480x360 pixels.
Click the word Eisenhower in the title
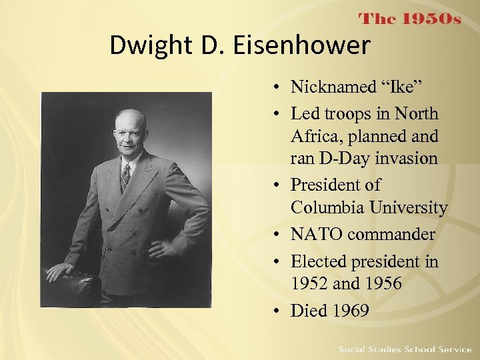[313, 46]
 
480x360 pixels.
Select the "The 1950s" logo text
[410, 19]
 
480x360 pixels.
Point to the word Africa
[312, 137]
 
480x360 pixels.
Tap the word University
[409, 208]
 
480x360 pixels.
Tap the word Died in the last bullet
[307, 311]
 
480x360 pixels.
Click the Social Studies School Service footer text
[405, 349]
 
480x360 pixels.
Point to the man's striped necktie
[125, 177]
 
